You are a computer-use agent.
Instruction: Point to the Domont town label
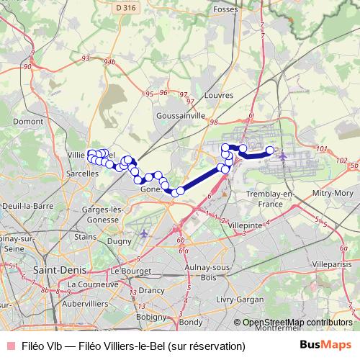[28, 122]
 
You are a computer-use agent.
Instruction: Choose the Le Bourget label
[130, 271]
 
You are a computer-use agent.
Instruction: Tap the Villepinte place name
[246, 225]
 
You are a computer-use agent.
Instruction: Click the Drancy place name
[151, 290]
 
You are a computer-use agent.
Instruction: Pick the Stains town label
[85, 236]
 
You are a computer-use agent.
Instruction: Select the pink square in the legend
[9, 346]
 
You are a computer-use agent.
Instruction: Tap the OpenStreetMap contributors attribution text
[297, 323]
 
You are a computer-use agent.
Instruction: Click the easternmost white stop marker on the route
[271, 150]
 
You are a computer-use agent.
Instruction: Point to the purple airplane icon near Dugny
[145, 233]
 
